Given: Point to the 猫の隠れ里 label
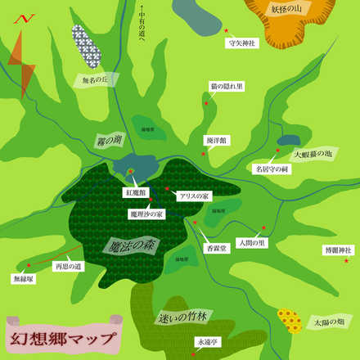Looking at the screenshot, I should pos(225,86).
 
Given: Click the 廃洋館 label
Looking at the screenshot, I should pos(216,141).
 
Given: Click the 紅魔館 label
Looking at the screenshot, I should pos(135,193).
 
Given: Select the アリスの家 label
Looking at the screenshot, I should pos(195,196).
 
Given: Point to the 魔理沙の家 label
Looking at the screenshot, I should pos(146,214).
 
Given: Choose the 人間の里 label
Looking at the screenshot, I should pos(251,243).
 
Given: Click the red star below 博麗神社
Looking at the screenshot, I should pos(346,261).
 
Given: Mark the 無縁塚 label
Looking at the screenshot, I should pos(23,279).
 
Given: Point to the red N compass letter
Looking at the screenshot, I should pos(25,17).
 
